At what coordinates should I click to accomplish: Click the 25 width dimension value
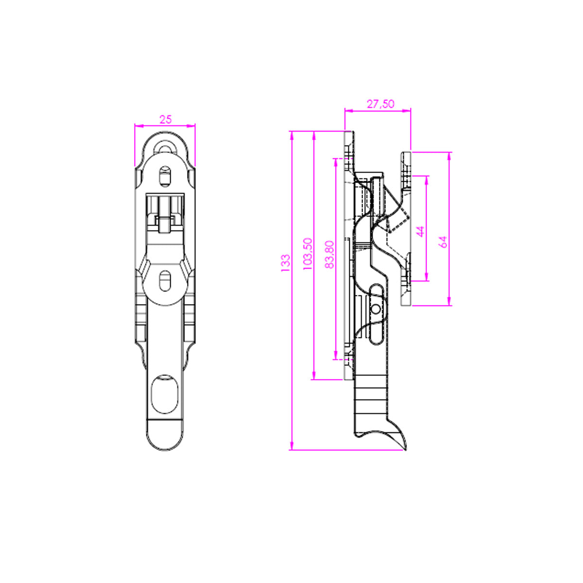point(166,120)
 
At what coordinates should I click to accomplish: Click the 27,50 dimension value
point(380,104)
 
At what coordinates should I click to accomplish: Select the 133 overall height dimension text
point(285,263)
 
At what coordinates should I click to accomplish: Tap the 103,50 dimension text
point(308,254)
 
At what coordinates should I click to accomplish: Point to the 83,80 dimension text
point(329,255)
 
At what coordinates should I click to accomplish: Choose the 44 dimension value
point(421,231)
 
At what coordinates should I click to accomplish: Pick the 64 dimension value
point(443,242)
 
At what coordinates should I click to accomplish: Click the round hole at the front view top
point(165,148)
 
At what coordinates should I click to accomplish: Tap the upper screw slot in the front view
point(165,175)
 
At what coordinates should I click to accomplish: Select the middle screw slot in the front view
point(165,281)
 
